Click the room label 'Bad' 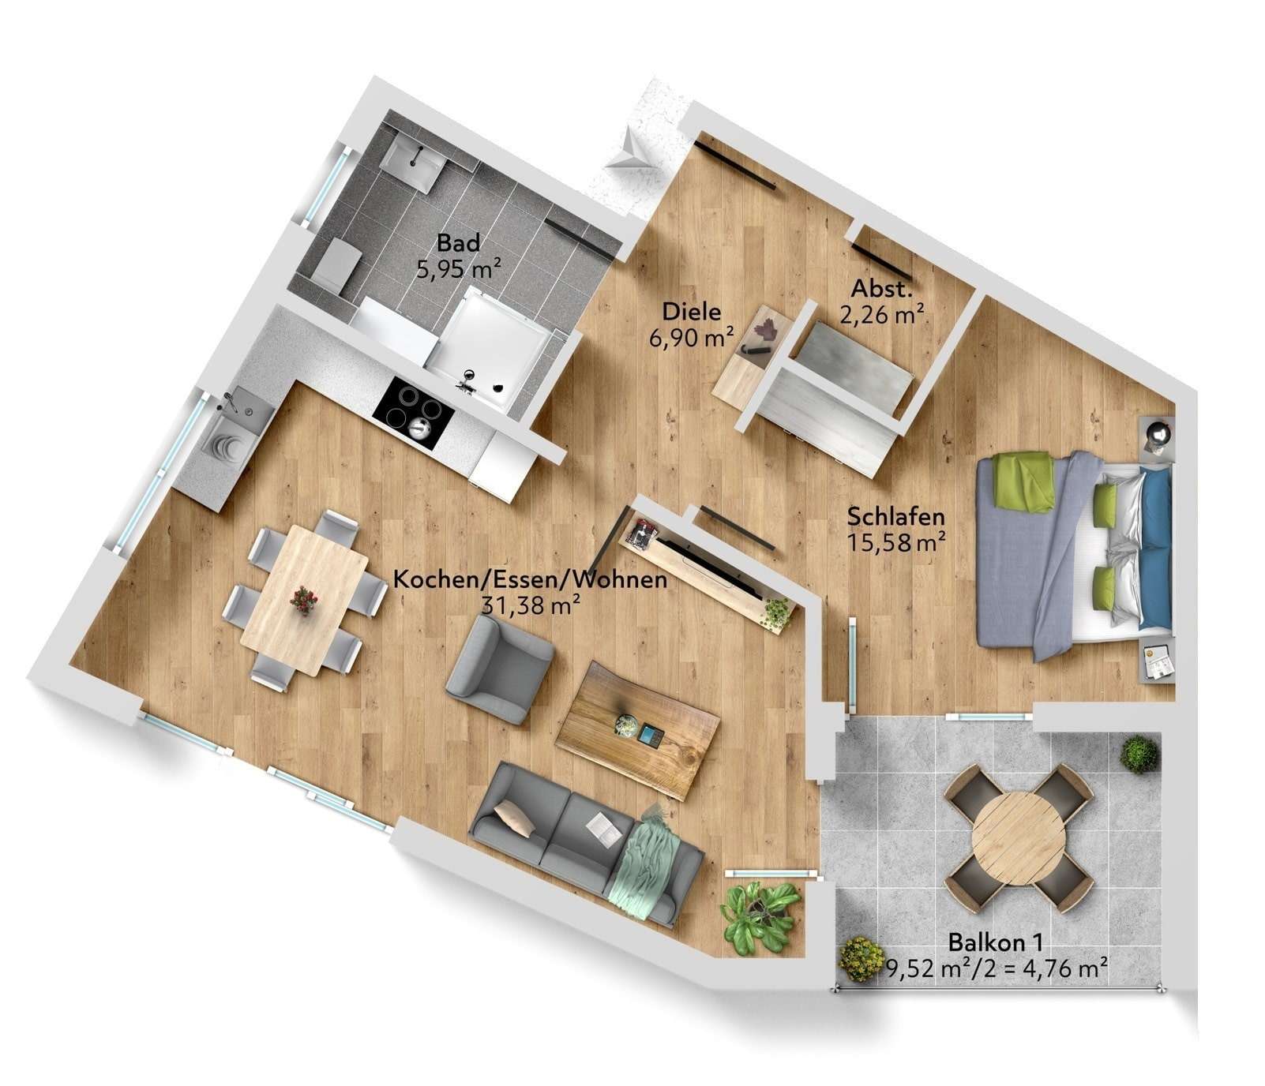458,242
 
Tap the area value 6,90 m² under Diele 691,339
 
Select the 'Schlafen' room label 895,516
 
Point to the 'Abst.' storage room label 881,288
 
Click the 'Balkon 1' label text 995,942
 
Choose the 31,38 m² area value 531,605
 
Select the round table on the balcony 1018,836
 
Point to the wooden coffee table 638,730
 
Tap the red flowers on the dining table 303,600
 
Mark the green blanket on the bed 1023,480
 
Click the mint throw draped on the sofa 648,860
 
